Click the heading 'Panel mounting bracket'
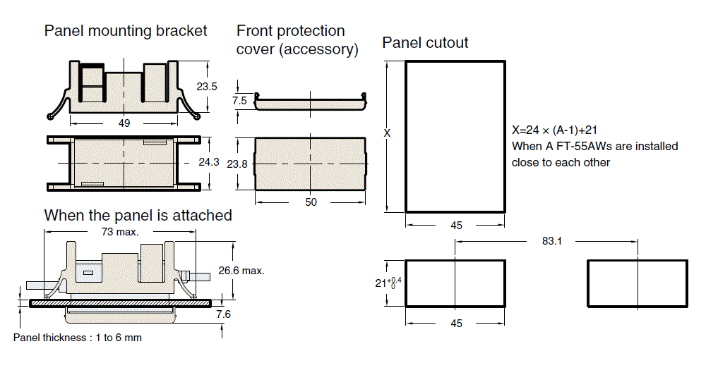click(126, 30)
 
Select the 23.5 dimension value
click(206, 87)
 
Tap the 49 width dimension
click(124, 123)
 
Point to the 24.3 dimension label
click(209, 162)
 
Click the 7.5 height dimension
click(240, 101)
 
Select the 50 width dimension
click(311, 202)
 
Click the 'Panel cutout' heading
click(425, 43)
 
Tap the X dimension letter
click(387, 133)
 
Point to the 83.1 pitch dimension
click(552, 241)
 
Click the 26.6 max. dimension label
click(241, 271)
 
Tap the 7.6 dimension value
click(223, 314)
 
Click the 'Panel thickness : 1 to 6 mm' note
click(78, 338)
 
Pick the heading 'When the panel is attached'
click(138, 215)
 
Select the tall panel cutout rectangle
click(455, 136)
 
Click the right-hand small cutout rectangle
click(638, 283)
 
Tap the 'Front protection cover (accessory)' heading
click(297, 40)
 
